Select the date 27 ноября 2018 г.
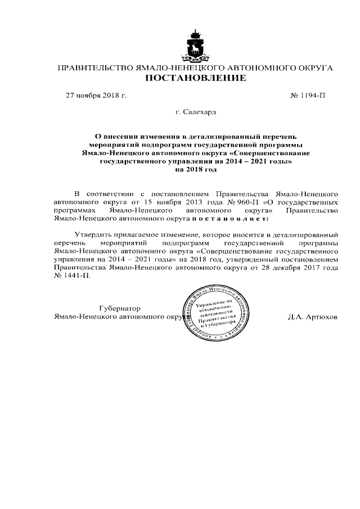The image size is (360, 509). pos(97,96)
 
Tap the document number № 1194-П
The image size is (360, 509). pos(307,96)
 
